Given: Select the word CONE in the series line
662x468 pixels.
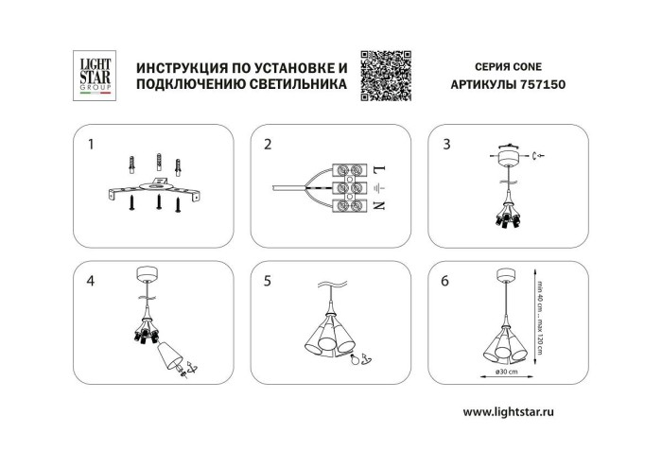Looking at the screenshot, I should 532,68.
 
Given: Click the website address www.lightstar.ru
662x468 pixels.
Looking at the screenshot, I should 520,413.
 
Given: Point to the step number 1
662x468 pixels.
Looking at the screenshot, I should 91,145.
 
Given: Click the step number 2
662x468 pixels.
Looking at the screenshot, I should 268,145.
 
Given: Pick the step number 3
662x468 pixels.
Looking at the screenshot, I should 445,145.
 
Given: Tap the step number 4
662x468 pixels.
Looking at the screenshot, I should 91,281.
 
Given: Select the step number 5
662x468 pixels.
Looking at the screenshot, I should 268,281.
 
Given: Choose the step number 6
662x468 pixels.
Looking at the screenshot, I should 445,281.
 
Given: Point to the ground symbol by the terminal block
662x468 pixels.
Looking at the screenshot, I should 378,187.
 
